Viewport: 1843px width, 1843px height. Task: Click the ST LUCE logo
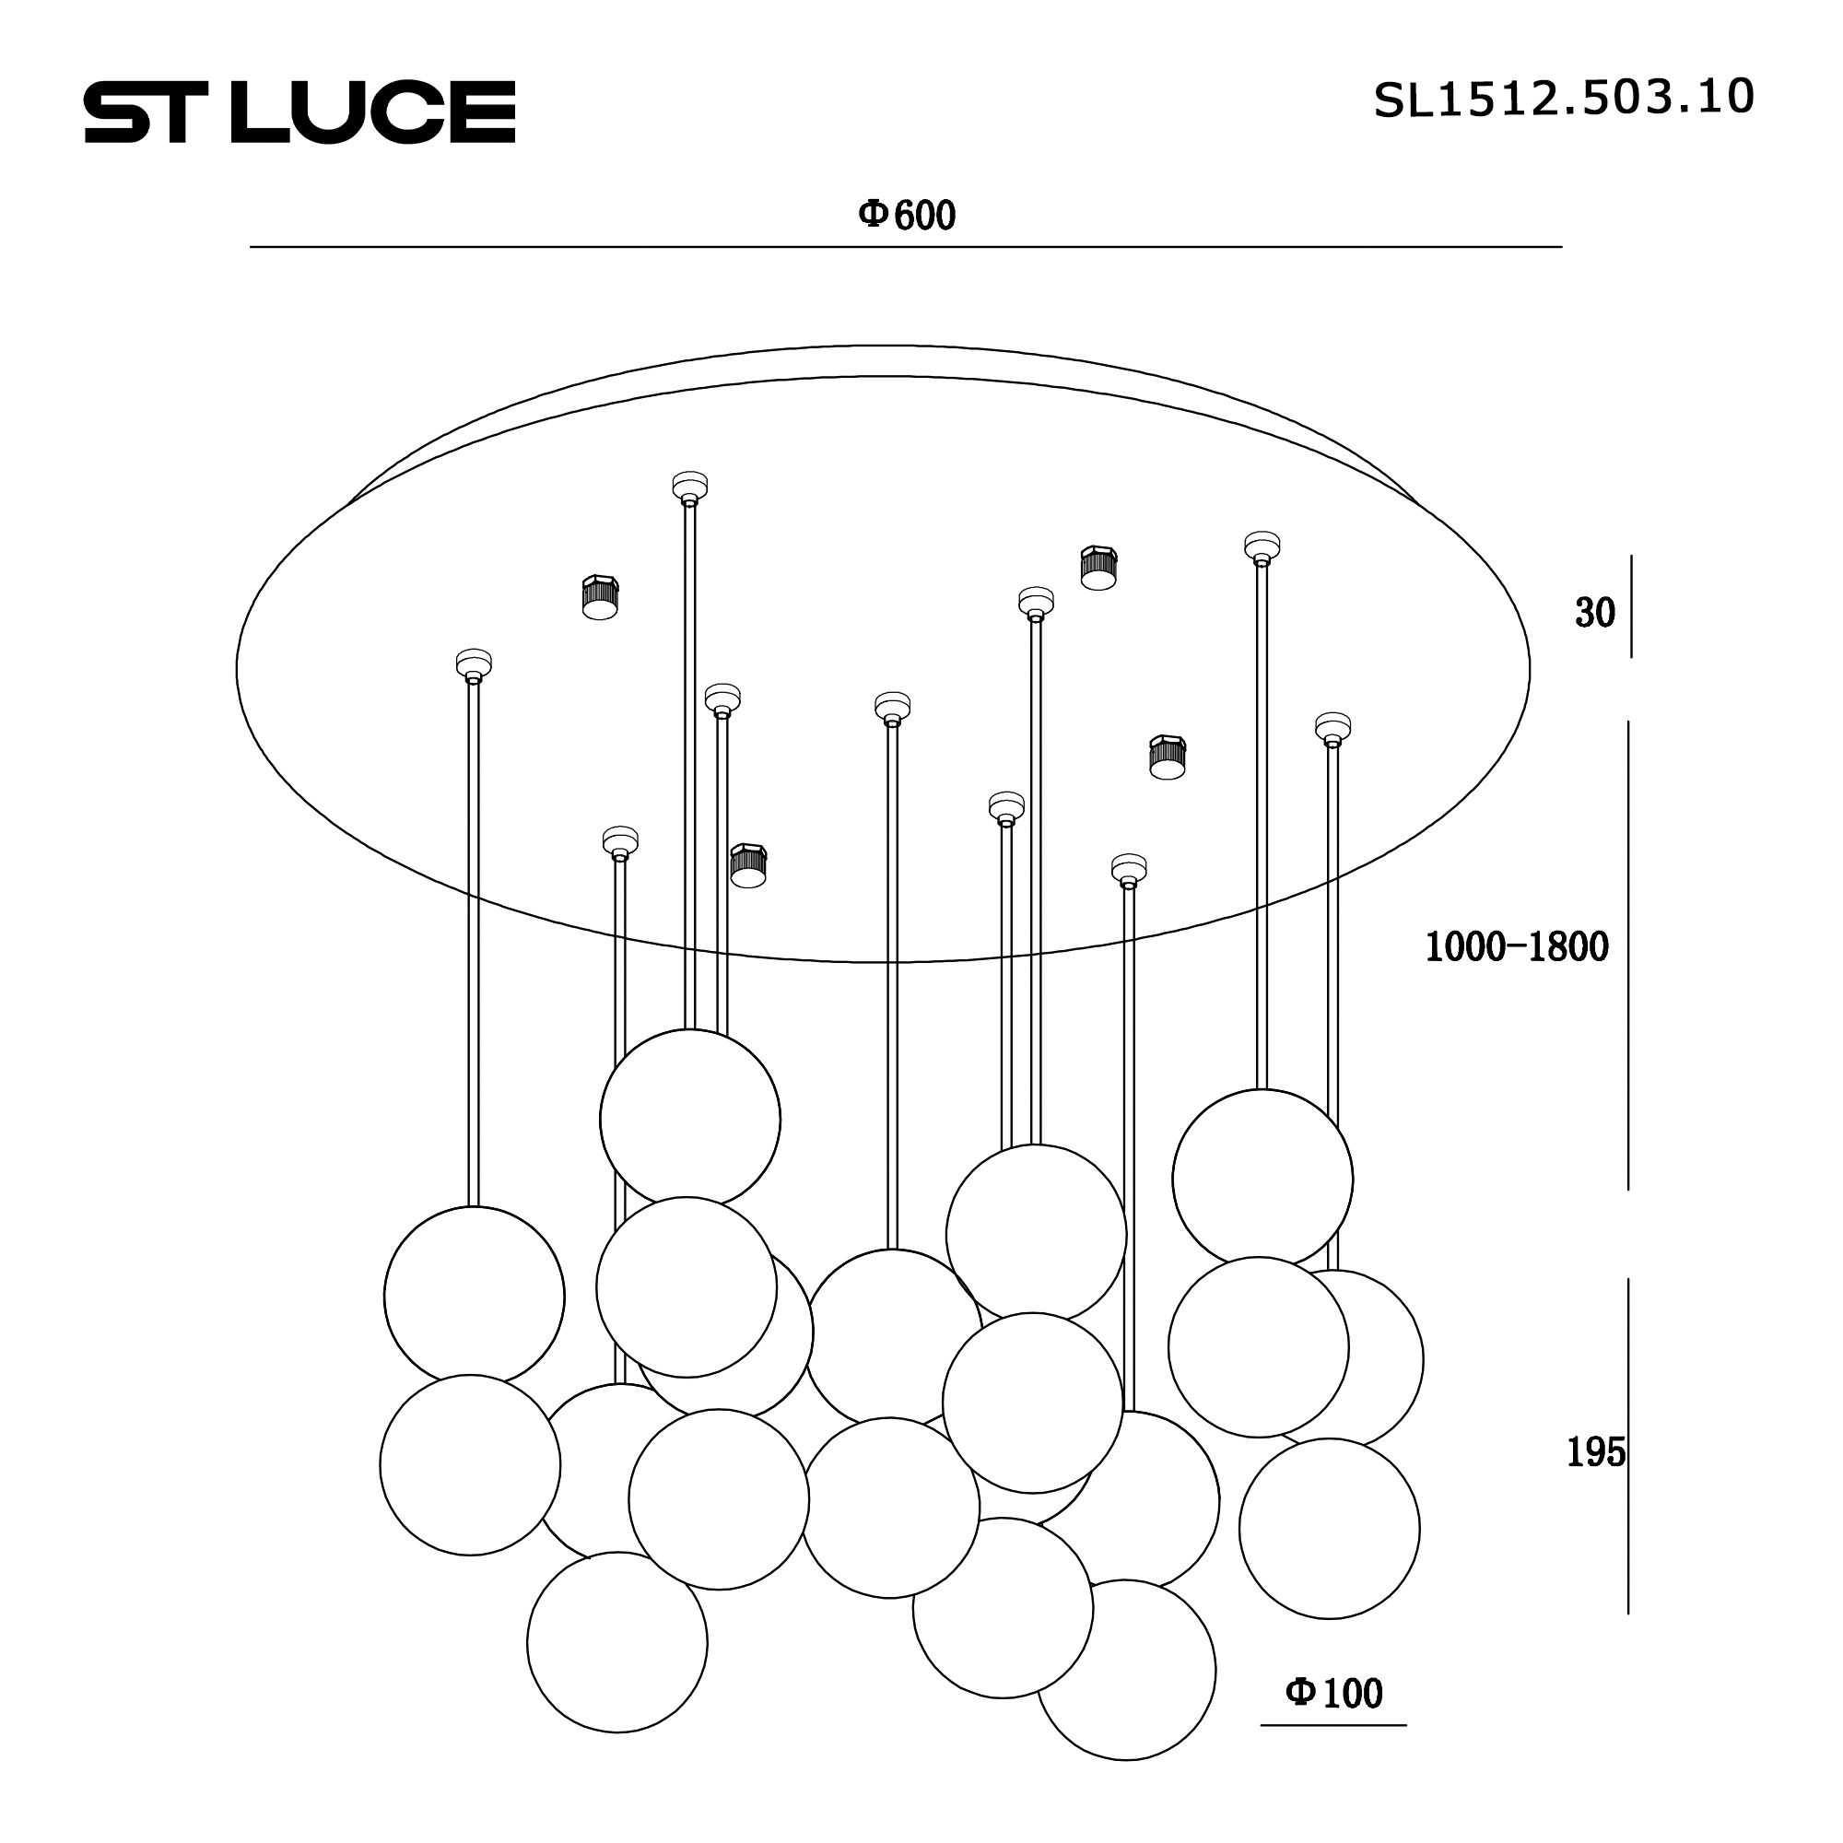(x=299, y=112)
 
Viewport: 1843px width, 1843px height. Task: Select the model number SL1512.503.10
(x=1564, y=99)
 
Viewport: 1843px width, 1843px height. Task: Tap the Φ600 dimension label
(x=906, y=216)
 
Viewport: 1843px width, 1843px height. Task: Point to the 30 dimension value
(x=1595, y=613)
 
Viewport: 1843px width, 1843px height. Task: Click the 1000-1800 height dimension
(x=1517, y=946)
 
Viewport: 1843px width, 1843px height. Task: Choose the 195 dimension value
(x=1596, y=1452)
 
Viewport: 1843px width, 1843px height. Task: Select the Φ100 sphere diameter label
(x=1333, y=1693)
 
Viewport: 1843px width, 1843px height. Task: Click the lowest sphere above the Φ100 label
(x=1329, y=1528)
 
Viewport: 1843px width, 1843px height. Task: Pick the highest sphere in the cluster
(x=689, y=1119)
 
